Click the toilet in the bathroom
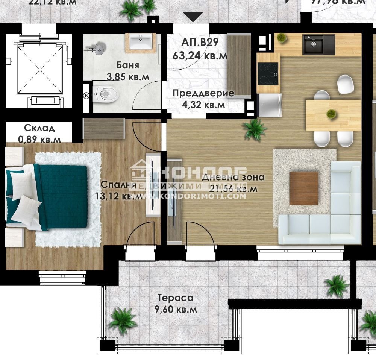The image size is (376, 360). click(x=106, y=94)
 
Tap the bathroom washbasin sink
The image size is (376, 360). click(x=141, y=39)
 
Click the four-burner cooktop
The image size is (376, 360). click(x=268, y=73)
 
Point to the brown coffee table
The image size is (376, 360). click(x=303, y=188)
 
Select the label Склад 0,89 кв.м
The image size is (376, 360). click(x=39, y=134)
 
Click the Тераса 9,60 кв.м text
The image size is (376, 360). click(x=176, y=304)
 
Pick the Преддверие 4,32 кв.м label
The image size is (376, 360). click(x=203, y=99)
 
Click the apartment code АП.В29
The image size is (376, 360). click(x=200, y=41)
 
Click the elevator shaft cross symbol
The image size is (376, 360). click(x=39, y=70)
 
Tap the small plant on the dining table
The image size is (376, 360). click(x=331, y=113)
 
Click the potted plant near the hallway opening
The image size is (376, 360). click(x=255, y=129)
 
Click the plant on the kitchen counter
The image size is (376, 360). click(x=281, y=38)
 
